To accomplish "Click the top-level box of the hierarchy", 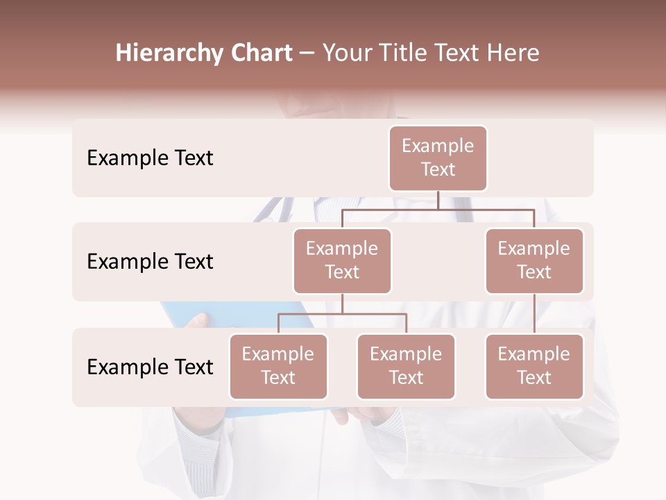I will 438,158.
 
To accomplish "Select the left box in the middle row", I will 342,261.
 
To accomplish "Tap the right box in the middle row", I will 534,261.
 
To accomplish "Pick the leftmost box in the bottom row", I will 278,367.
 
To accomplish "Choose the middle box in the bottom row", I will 406,367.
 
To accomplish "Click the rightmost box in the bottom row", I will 534,367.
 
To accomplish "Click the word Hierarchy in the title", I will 169,53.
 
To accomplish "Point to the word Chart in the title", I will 260,53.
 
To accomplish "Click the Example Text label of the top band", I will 150,158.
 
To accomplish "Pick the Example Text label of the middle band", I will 150,262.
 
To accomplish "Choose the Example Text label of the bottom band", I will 150,367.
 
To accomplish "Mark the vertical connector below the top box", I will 438,200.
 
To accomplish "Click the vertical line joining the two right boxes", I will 534,314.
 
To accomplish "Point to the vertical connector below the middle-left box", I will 342,303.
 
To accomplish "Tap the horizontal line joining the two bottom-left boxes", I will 342,314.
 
